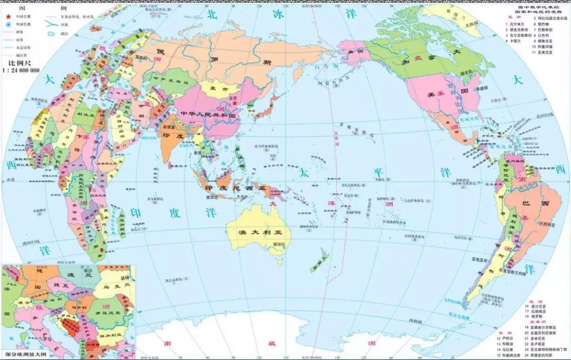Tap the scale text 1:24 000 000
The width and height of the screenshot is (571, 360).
click(22, 70)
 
